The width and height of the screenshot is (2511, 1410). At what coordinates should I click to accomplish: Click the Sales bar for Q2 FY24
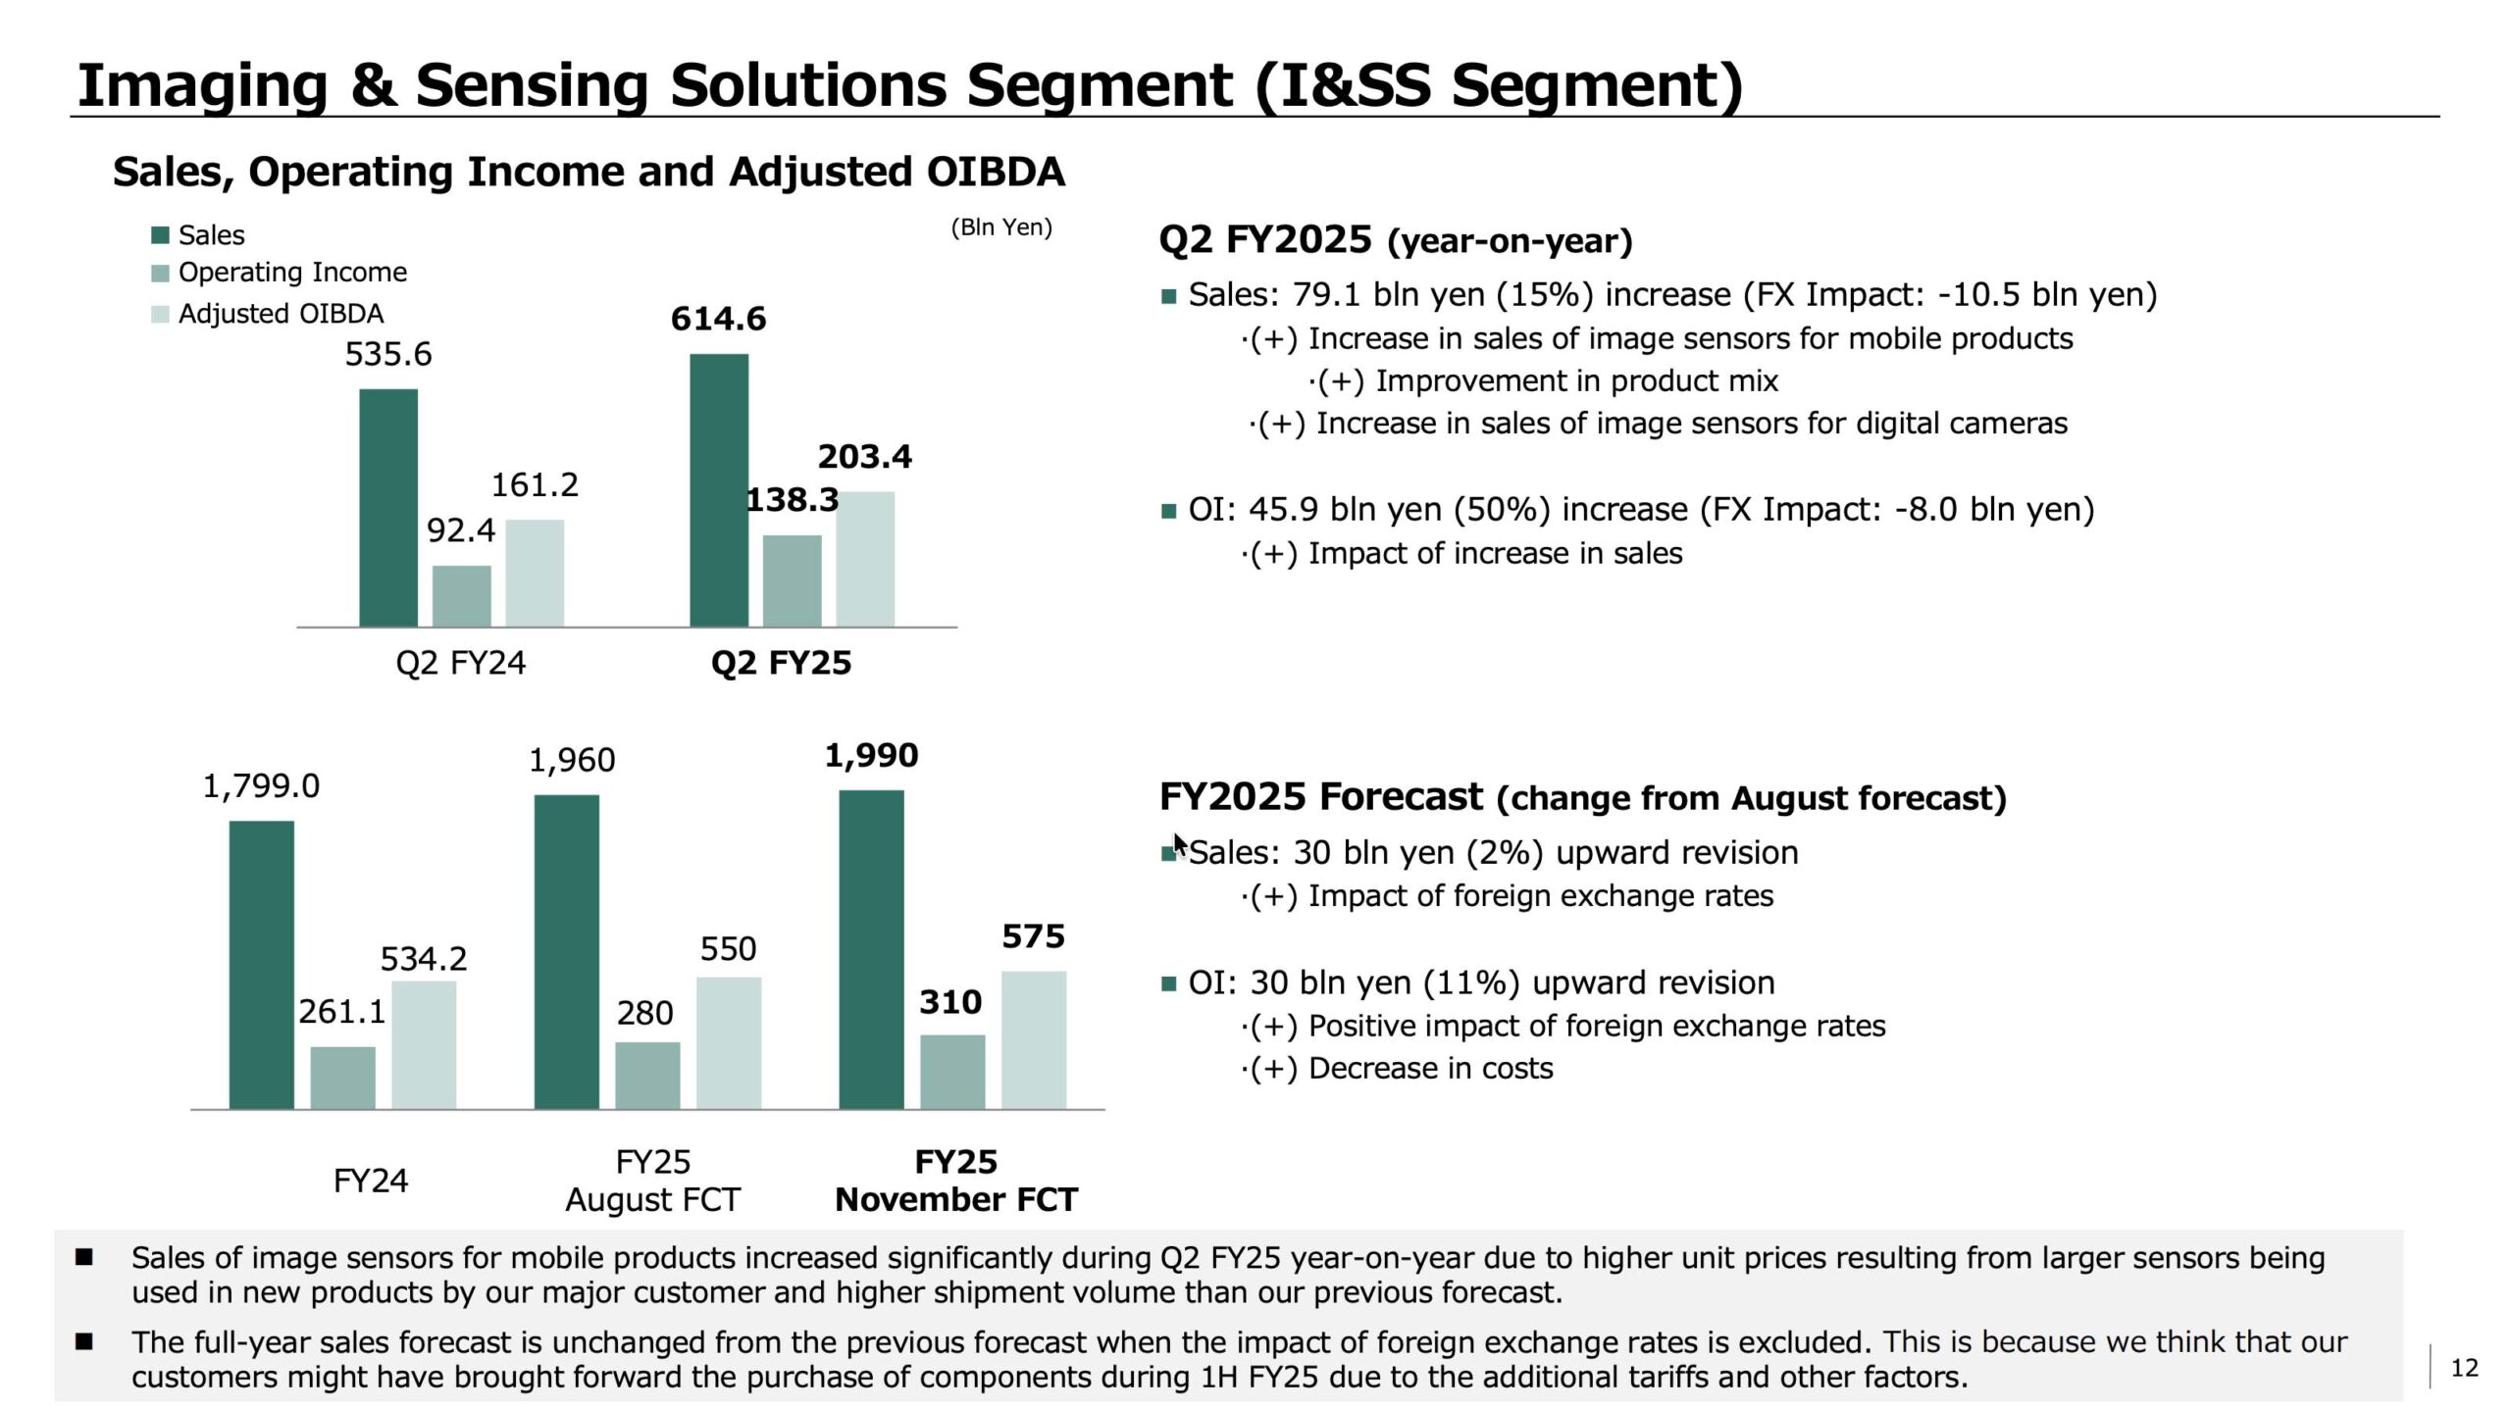pos(388,508)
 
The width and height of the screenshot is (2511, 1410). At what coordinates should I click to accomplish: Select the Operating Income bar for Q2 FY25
pos(792,580)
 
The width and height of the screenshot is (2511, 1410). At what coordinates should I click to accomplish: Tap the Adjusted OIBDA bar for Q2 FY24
pos(535,573)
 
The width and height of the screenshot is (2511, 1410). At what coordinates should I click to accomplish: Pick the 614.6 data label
pos(718,319)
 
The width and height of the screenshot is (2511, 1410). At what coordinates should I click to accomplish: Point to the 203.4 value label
pos(864,457)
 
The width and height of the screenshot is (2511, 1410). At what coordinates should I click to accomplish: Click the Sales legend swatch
pos(160,235)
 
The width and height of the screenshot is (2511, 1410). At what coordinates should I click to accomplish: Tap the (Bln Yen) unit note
pos(1000,227)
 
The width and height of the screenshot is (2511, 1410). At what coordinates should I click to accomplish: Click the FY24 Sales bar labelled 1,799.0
pos(261,965)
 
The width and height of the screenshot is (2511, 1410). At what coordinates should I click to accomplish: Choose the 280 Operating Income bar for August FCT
pos(647,1075)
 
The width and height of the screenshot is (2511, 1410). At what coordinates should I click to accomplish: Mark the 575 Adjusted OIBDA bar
pos(1034,1039)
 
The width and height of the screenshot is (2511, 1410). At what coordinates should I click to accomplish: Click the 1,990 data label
pos(871,756)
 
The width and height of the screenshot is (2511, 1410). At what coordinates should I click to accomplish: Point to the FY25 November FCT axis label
pos(955,1181)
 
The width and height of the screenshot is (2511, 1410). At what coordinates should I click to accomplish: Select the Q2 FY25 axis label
pos(781,664)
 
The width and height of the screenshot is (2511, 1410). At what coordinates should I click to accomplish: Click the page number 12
pos(2464,1368)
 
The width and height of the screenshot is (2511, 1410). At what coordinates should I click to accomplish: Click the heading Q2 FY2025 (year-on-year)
pos(1395,240)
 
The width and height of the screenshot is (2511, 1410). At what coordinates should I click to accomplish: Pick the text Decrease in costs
pos(1430,1069)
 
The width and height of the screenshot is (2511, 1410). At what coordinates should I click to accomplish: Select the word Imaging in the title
pos(202,85)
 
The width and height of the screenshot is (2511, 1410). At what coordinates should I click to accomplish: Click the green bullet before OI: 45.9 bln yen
pos(1168,511)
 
